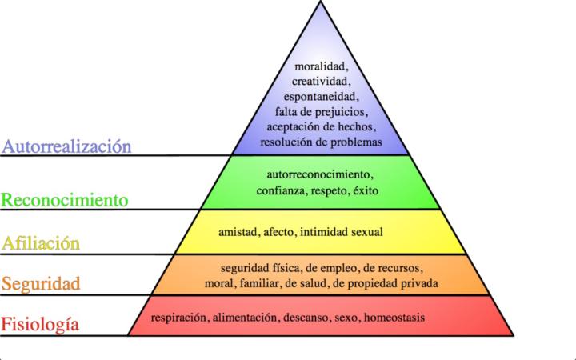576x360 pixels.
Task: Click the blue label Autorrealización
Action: pyautogui.click(x=66, y=146)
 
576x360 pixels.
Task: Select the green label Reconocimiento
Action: pyautogui.click(x=64, y=198)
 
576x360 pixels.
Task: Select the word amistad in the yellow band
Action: pyautogui.click(x=238, y=233)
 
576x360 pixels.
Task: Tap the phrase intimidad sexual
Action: pyautogui.click(x=350, y=233)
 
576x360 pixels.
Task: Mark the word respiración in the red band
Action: pyautogui.click(x=178, y=318)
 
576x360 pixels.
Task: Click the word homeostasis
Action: pyautogui.click(x=394, y=318)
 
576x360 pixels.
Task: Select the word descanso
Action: pyautogui.click(x=304, y=318)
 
